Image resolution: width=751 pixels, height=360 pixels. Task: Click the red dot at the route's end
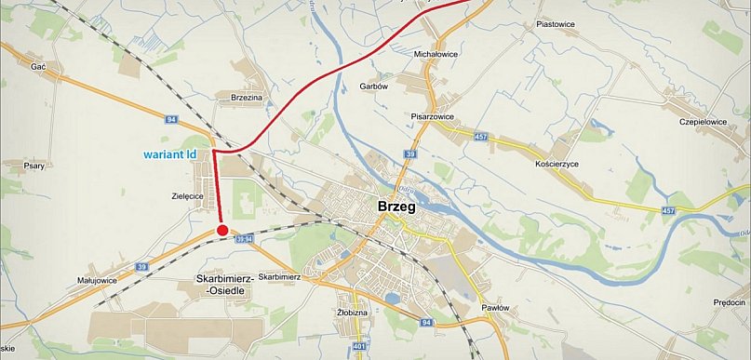[x=221, y=230]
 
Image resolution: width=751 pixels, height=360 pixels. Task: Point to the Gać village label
[x=38, y=67]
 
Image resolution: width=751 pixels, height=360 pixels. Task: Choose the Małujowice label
[x=96, y=279]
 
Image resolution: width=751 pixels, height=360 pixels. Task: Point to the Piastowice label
[x=557, y=23]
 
